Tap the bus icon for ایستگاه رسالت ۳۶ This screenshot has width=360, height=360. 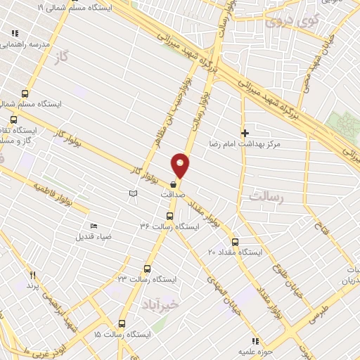pos(169,217)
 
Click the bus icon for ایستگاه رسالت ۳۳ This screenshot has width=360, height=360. pos(147,269)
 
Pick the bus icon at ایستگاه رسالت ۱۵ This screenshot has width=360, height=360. pos(122,324)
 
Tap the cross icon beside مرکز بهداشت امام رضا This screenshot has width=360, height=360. pos(245,133)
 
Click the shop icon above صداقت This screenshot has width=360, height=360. pos(174,185)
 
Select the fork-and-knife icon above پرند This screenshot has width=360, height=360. pos(32,275)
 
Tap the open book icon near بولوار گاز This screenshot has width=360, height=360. pos(134,192)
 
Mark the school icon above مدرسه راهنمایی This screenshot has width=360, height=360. pos(15,33)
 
